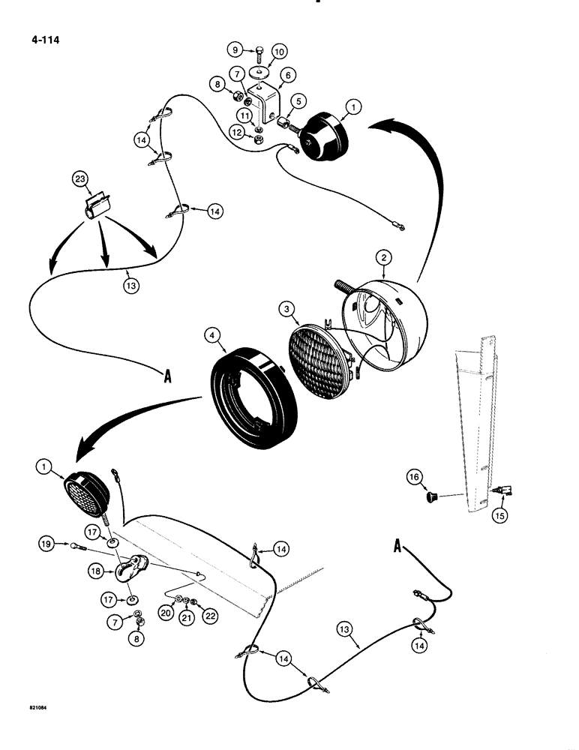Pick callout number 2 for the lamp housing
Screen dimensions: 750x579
[x=384, y=258]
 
